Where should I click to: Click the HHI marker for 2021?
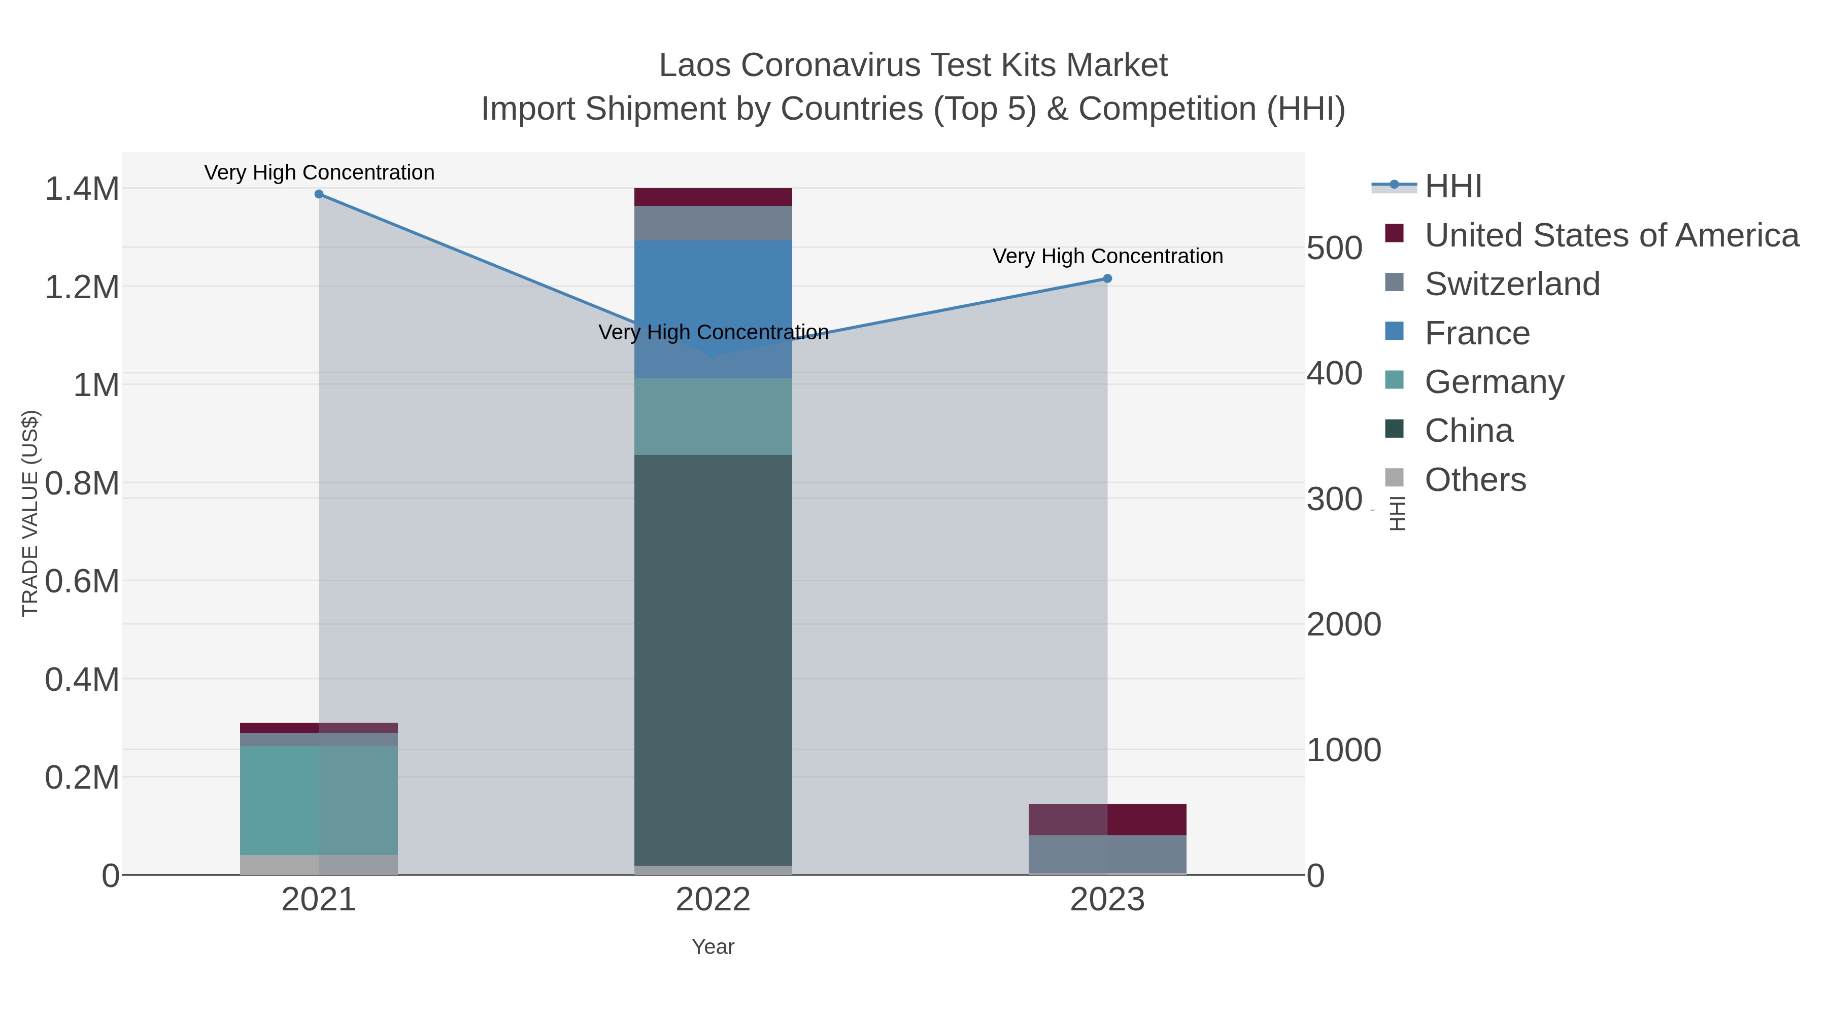pos(319,194)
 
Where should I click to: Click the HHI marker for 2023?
pos(1107,278)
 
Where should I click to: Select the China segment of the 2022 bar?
pos(713,659)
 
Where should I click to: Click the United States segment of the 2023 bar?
pos(1107,820)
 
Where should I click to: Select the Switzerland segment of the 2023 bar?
pos(1107,854)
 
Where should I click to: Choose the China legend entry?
pos(1468,431)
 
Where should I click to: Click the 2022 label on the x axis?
pos(713,900)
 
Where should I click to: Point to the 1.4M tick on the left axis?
pos(82,189)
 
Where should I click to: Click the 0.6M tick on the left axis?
pos(82,581)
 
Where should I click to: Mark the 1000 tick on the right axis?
pos(1343,750)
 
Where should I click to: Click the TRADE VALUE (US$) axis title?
pos(30,513)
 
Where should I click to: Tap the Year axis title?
pos(713,947)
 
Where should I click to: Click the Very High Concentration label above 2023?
pos(1107,256)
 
